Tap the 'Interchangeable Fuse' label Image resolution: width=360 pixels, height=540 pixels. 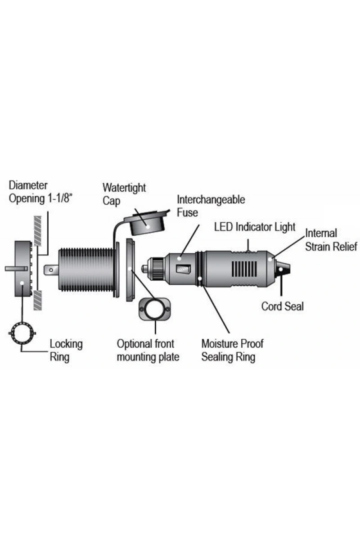coord(211,206)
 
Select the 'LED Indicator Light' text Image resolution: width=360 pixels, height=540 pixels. coord(255,226)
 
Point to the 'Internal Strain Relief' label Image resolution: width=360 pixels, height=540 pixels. coord(331,239)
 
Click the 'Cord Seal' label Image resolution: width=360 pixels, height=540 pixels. coord(283,306)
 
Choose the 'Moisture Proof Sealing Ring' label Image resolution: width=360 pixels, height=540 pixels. coord(232,351)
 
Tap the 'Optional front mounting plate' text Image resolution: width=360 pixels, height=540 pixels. coord(148,351)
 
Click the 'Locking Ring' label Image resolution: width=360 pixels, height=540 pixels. coord(66,351)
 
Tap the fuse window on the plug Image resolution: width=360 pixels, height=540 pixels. coord(182,270)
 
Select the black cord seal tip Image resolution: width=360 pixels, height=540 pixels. coord(284,270)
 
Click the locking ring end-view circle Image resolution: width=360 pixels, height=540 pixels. coord(22,333)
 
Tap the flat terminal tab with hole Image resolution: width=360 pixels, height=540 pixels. coord(51,270)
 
